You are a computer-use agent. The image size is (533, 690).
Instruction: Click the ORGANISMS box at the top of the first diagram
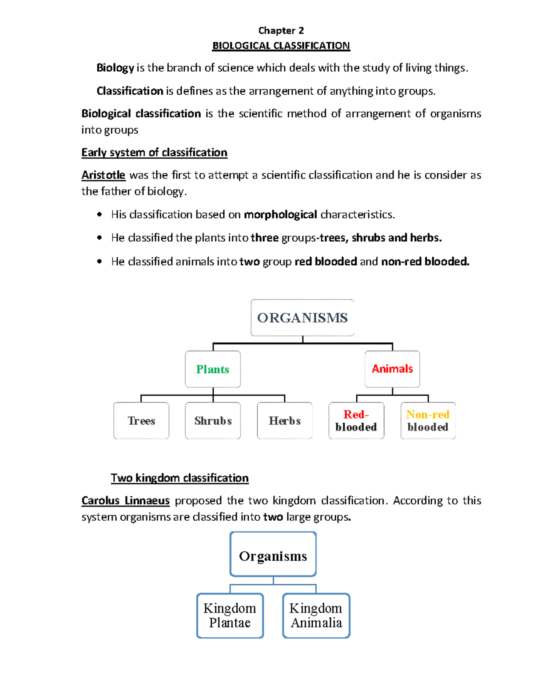coord(302,318)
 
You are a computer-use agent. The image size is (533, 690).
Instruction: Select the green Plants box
coord(213,369)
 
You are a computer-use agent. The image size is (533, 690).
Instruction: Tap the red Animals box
coord(392,369)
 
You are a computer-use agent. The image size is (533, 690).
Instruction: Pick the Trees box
coord(141,421)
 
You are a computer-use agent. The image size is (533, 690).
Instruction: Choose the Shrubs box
coord(213,421)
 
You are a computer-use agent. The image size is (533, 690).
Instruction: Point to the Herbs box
coord(285,421)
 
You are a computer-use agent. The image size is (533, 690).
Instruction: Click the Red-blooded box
coord(356,421)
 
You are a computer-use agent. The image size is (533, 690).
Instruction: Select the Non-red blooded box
coord(428,421)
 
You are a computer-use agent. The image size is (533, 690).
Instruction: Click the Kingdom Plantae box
coord(230,616)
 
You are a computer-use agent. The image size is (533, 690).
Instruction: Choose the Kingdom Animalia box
coord(316,616)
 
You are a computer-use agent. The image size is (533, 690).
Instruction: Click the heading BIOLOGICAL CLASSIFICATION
coord(281,46)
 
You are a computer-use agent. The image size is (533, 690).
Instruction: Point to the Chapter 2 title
coord(281,31)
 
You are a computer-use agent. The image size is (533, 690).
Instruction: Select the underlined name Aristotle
coord(103,175)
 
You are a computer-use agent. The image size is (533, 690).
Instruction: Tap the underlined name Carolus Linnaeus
coord(126,501)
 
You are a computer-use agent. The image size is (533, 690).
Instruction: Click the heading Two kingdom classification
coord(179,478)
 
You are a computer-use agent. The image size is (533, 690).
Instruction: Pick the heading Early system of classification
coord(154,152)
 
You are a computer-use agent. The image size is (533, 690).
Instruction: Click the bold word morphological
coord(280,215)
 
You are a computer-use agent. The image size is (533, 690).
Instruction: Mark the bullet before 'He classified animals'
coord(99,262)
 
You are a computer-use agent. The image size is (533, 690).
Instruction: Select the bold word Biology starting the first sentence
coord(115,68)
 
